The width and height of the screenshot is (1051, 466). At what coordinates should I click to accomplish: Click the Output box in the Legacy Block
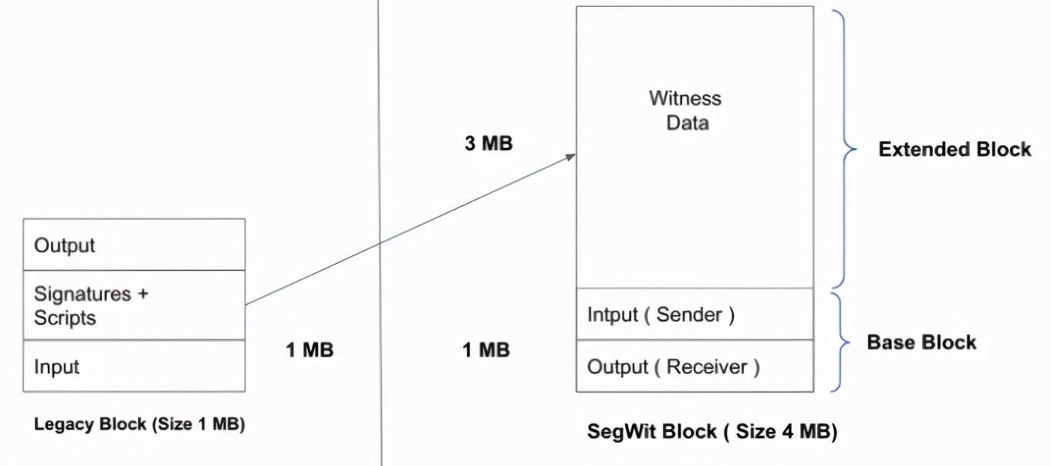click(134, 245)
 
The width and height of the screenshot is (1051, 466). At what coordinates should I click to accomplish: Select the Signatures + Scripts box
click(134, 306)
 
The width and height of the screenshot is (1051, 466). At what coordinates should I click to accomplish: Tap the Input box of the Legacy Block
click(134, 366)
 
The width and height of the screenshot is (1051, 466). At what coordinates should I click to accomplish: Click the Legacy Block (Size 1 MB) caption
click(140, 424)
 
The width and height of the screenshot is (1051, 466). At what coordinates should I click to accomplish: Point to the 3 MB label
click(488, 144)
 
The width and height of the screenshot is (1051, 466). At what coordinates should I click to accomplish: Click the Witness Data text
click(685, 110)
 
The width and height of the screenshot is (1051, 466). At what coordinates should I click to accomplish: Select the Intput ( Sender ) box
click(694, 314)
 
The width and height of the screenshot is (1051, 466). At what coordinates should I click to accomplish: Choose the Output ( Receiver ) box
click(694, 366)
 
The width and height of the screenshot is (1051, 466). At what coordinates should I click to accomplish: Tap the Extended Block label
click(955, 149)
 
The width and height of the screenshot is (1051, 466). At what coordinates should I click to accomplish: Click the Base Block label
click(921, 342)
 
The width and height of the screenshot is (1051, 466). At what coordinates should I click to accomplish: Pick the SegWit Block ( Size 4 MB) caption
click(712, 432)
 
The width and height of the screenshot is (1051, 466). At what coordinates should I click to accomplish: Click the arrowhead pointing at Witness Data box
click(571, 156)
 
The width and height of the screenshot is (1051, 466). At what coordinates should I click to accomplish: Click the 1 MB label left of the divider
click(309, 349)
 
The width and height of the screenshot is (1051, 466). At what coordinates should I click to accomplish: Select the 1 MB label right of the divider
click(486, 349)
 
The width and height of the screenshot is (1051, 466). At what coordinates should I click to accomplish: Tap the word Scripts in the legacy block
click(65, 318)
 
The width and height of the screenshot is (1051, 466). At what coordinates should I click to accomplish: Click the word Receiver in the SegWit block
click(707, 366)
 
